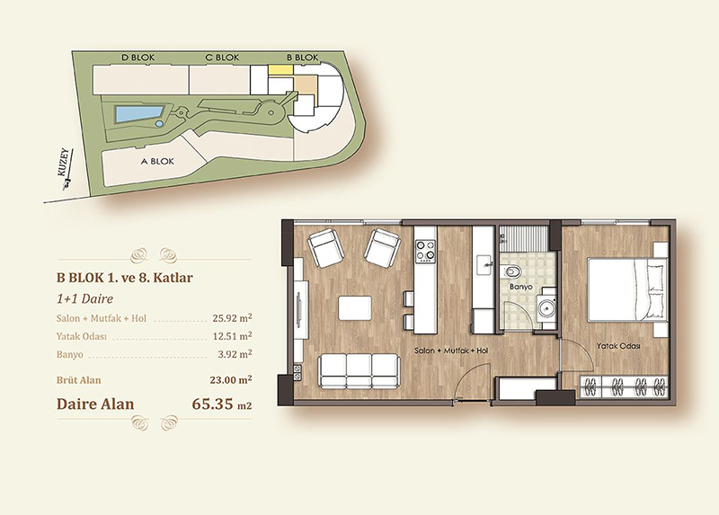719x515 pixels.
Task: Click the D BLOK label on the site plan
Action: [x=138, y=58]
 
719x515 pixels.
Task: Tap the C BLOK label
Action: [x=222, y=58]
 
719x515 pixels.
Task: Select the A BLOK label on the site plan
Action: [x=156, y=162]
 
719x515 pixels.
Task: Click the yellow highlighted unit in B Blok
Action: [x=280, y=70]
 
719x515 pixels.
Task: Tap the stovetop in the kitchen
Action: [x=425, y=251]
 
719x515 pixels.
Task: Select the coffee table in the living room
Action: [x=355, y=308]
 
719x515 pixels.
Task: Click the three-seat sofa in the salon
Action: [x=359, y=371]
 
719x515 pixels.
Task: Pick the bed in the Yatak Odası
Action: [x=626, y=289]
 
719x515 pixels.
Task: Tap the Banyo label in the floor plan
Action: [x=521, y=287]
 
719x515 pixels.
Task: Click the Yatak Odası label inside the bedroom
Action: [x=618, y=346]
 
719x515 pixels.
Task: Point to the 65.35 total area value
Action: [x=212, y=404]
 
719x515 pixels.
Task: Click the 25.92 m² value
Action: [x=232, y=318]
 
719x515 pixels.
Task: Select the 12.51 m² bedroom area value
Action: [x=232, y=335]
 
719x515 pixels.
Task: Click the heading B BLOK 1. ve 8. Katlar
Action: [x=125, y=278]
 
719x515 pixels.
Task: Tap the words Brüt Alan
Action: [x=78, y=380]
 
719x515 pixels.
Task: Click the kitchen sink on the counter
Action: [x=484, y=265]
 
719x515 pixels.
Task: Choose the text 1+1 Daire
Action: [x=84, y=299]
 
